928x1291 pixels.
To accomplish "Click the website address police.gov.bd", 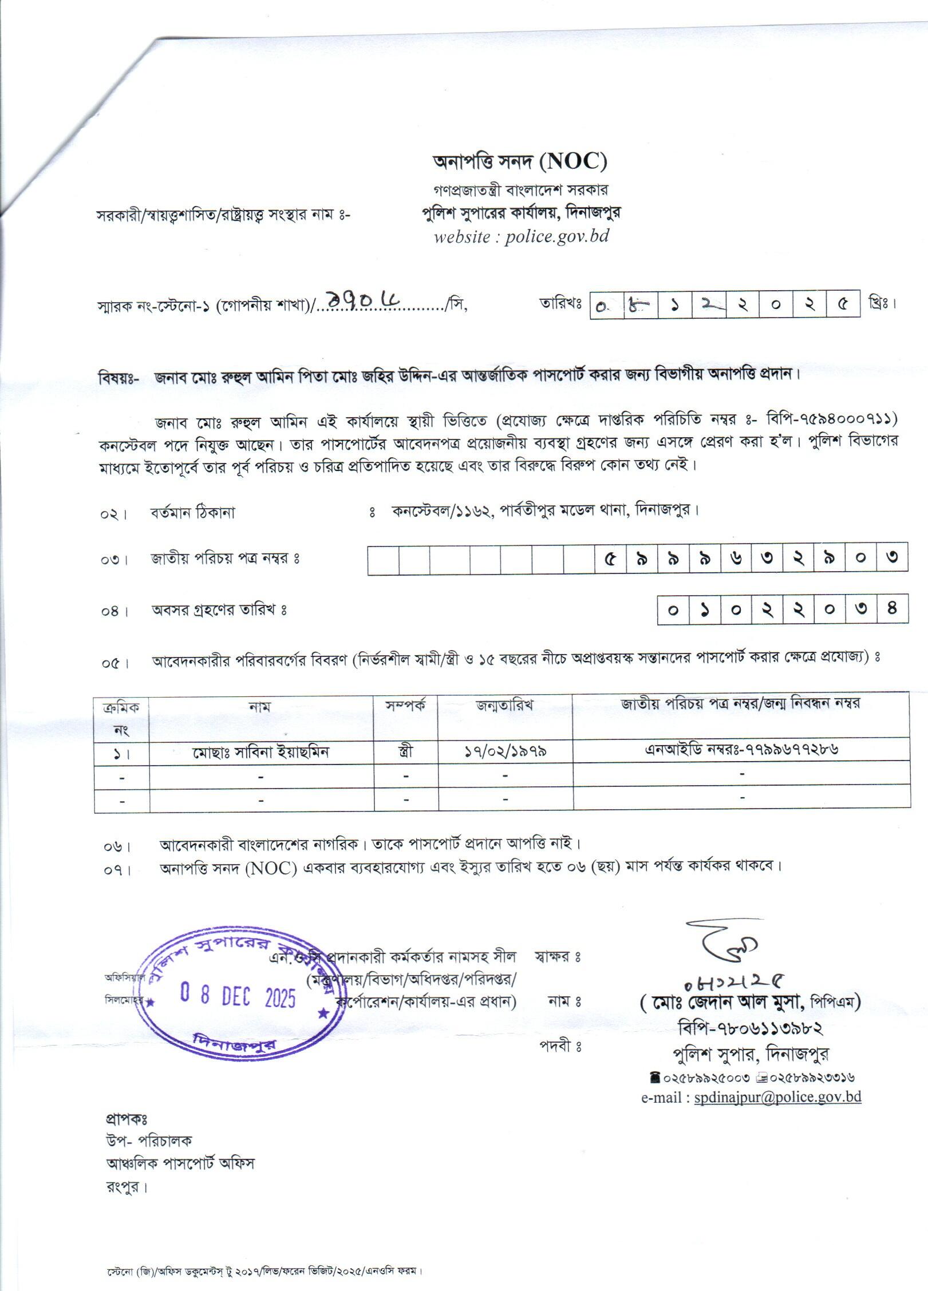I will point(556,236).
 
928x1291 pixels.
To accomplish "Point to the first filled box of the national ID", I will point(610,558).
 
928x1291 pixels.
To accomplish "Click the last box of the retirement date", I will point(892,609).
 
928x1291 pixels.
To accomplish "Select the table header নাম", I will point(260,707).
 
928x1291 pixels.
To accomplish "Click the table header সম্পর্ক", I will point(406,706).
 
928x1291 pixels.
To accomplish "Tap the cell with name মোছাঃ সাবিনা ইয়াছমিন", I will point(261,751).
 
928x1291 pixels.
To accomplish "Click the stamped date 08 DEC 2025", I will point(238,997).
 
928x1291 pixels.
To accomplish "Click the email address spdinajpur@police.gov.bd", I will point(777,1097).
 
